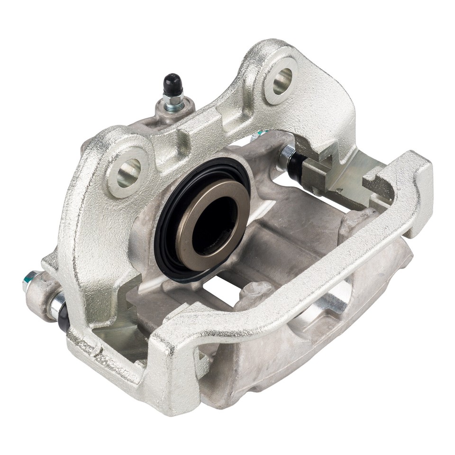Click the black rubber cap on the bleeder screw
172,84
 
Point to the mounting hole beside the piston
128,172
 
